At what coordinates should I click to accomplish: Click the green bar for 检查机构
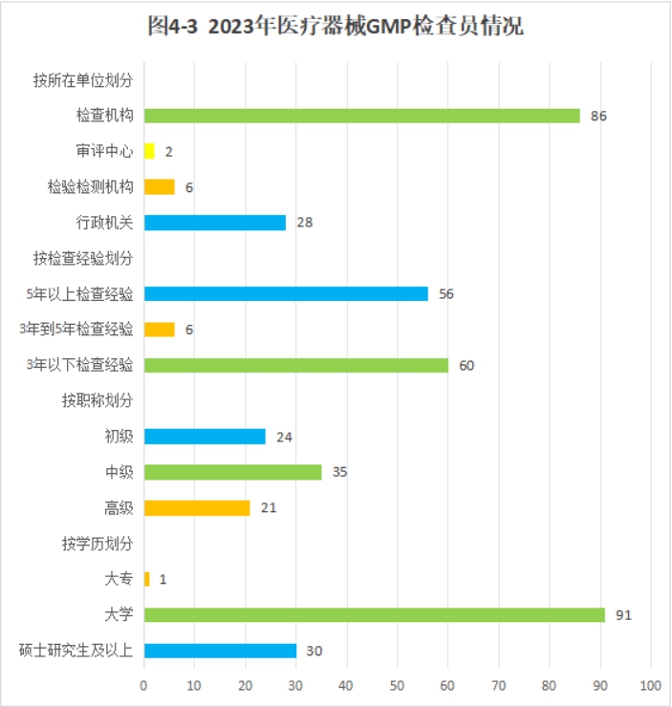(361, 116)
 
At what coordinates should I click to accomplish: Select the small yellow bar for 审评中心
(149, 151)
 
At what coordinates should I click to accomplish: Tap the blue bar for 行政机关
(214, 223)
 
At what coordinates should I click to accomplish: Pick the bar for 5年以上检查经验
(286, 293)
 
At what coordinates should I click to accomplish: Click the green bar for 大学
(374, 614)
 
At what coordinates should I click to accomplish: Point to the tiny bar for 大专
(146, 579)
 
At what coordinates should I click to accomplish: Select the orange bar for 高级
(196, 507)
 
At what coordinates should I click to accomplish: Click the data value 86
(598, 117)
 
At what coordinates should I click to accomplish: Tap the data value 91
(623, 615)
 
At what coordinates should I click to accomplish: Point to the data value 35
(339, 472)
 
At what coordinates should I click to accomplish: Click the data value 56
(445, 294)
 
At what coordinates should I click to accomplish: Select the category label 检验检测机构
(90, 187)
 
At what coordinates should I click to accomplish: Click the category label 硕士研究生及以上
(76, 651)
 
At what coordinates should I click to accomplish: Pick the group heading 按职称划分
(97, 400)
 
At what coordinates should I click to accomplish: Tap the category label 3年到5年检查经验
(76, 330)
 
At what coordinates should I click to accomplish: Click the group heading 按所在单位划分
(82, 80)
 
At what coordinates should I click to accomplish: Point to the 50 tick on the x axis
(397, 685)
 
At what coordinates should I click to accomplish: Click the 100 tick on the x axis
(650, 685)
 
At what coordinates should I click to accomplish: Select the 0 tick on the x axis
(143, 685)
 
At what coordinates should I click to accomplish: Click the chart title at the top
(336, 26)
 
